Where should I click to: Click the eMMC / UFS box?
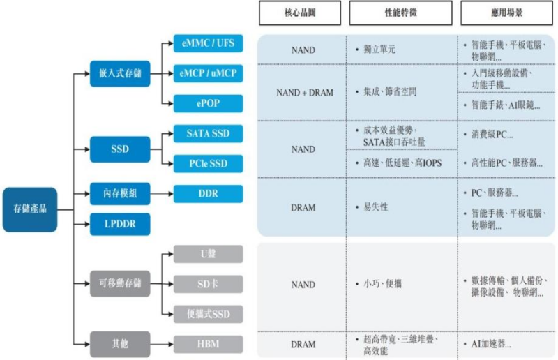point(209,44)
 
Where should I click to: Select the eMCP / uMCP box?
point(209,73)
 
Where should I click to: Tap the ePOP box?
point(209,103)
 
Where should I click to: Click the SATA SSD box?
point(209,133)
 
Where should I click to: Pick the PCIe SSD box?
point(209,163)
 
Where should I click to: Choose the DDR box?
point(209,193)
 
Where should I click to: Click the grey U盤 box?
point(209,254)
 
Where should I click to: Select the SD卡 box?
point(209,284)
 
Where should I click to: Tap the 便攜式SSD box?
point(209,314)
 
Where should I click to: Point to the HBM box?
point(209,344)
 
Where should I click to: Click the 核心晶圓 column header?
point(303,13)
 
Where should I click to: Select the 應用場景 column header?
point(507,13)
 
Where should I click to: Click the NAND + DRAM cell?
point(303,92)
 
